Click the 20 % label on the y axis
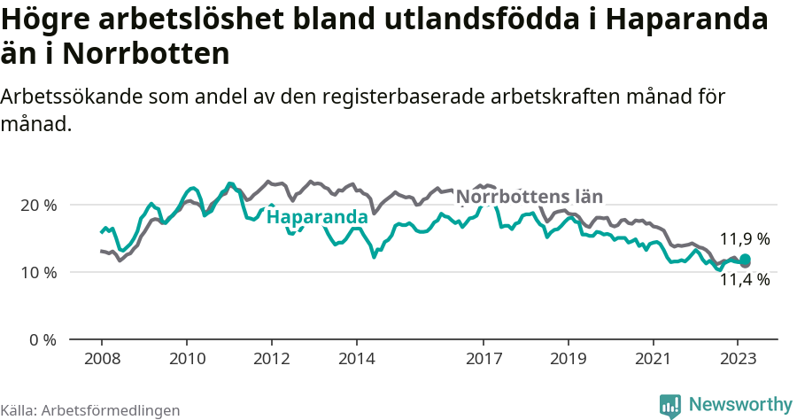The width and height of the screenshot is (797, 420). click(38, 205)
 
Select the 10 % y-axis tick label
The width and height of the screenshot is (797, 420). click(38, 272)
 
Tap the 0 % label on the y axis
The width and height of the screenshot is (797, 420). click(42, 339)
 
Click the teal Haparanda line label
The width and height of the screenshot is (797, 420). click(317, 217)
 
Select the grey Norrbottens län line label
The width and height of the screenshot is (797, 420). click(530, 197)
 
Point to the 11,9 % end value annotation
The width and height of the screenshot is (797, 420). click(744, 239)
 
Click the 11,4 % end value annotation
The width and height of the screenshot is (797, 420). click(744, 280)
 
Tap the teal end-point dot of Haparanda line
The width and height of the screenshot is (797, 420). click(746, 260)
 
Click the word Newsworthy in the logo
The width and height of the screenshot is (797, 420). click(739, 404)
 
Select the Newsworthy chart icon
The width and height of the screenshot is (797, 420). click(670, 406)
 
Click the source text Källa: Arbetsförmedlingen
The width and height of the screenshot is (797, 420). click(90, 410)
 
